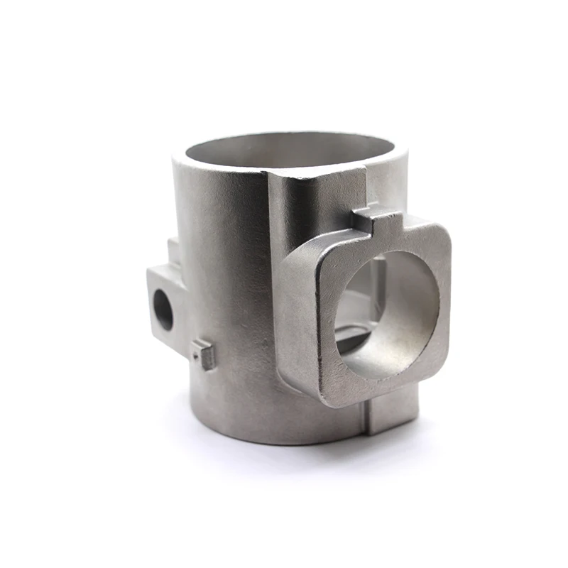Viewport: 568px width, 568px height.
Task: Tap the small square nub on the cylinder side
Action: (x=204, y=353)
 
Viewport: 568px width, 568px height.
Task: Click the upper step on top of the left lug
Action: (x=173, y=248)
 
